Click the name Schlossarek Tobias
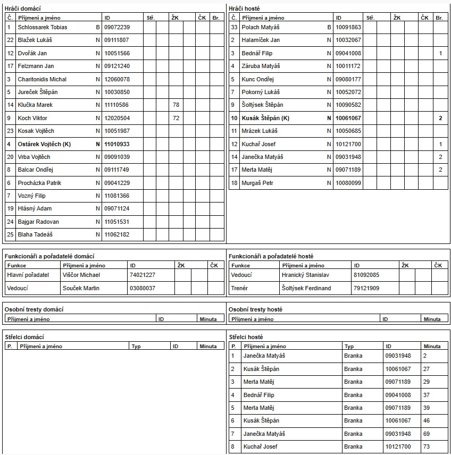coord(43,27)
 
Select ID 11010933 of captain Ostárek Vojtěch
coord(117,144)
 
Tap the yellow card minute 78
coord(176,105)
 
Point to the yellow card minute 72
coord(176,118)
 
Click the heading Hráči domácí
coord(22,9)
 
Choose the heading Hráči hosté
coord(244,9)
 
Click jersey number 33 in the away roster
coord(234,27)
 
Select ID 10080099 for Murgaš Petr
coord(348,183)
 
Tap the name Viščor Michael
coord(81,275)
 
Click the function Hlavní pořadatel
coord(28,275)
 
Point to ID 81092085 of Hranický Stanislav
coord(366,275)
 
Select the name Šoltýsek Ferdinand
coord(306,288)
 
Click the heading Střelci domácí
coord(24,337)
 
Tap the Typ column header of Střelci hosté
coord(349,347)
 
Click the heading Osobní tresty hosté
coord(255,309)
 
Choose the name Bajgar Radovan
coord(38,222)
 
